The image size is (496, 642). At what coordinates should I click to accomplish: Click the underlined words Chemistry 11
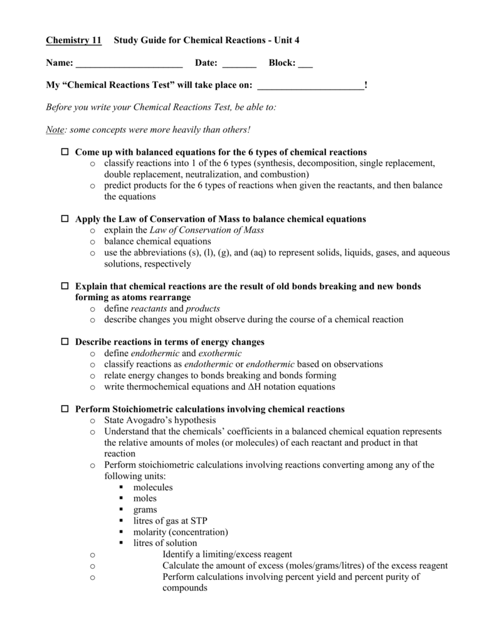73,41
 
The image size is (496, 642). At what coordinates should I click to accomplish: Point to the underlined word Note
55,129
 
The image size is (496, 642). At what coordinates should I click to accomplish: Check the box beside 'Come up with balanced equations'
65,152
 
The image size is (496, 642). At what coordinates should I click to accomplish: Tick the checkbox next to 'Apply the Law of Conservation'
65,219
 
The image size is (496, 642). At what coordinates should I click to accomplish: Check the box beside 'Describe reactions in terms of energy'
65,342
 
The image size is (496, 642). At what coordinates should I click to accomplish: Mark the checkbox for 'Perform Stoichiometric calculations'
65,409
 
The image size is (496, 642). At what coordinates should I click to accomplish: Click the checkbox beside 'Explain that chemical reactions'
65,286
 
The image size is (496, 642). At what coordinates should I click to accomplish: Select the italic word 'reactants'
149,308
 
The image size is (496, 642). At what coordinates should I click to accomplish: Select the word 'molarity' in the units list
150,532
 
